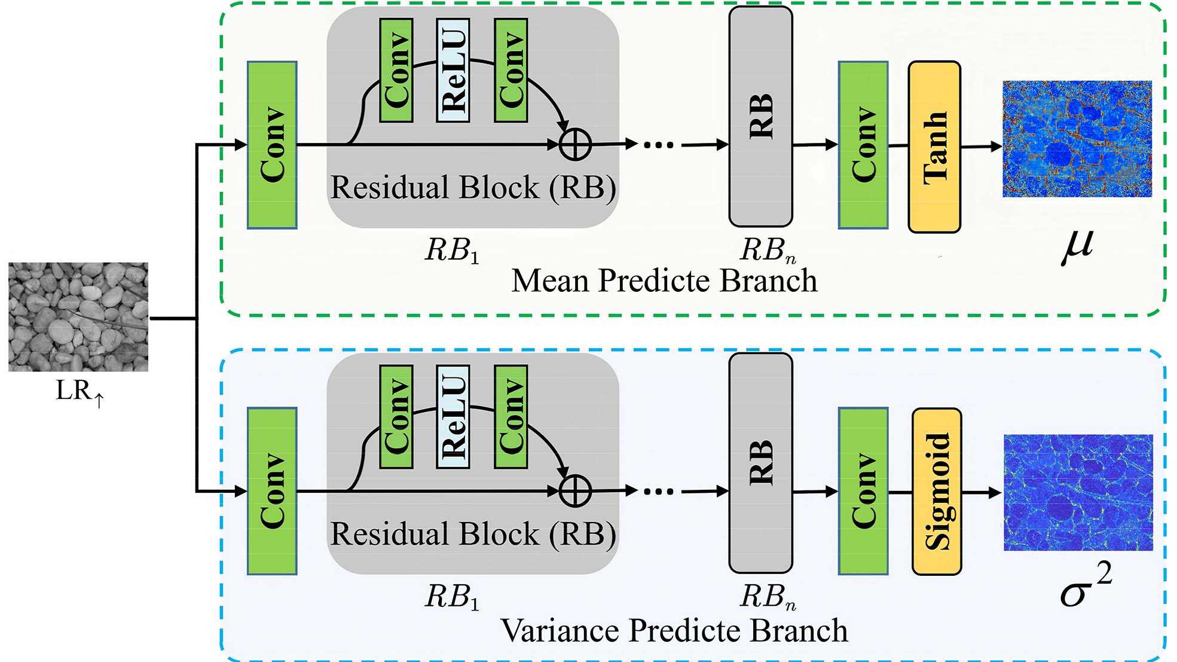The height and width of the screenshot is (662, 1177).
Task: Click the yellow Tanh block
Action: pos(934,147)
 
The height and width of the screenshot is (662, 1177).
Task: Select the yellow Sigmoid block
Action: pos(937,492)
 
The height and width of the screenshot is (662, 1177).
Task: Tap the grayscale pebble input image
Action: pos(78,317)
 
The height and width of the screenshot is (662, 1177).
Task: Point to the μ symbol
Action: pos(1078,246)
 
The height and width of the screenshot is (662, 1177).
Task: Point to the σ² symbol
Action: pos(1085,586)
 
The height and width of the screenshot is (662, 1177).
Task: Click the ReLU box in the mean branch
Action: pos(453,71)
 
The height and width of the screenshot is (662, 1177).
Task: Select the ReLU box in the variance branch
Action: pos(453,417)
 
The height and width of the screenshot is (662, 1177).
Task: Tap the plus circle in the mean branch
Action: pos(575,144)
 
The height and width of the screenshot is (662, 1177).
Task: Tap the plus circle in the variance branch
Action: pos(575,491)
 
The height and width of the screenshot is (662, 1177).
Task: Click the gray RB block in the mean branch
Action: pos(761,117)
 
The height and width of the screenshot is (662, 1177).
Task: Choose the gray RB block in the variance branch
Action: pos(761,463)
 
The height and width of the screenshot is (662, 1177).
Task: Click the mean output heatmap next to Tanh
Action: pos(1077,139)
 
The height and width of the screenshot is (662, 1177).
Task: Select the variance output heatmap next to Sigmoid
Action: pos(1078,492)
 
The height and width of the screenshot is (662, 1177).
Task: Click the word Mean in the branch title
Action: pos(551,280)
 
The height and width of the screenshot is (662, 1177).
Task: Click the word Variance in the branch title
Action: pos(560,630)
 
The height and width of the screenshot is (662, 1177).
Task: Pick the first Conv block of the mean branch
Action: pos(273,145)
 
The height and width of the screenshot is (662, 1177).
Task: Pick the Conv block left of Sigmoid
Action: pos(863,491)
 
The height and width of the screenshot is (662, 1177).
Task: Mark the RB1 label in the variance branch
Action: pos(452,597)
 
